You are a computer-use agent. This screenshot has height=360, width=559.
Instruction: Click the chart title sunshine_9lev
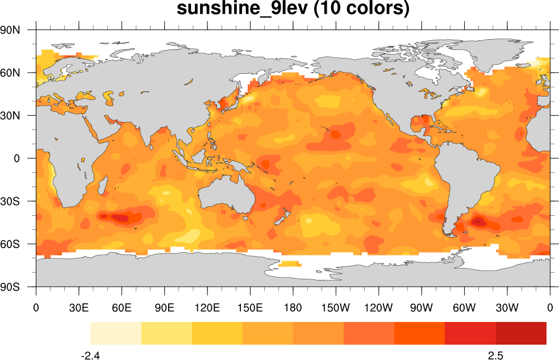pyautogui.click(x=293, y=9)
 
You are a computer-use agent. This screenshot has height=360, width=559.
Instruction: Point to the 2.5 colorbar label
pyautogui.click(x=495, y=355)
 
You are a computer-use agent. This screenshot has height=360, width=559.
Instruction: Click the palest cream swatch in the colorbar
pyautogui.click(x=115, y=333)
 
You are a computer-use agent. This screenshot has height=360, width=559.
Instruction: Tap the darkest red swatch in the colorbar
pyautogui.click(x=521, y=333)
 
